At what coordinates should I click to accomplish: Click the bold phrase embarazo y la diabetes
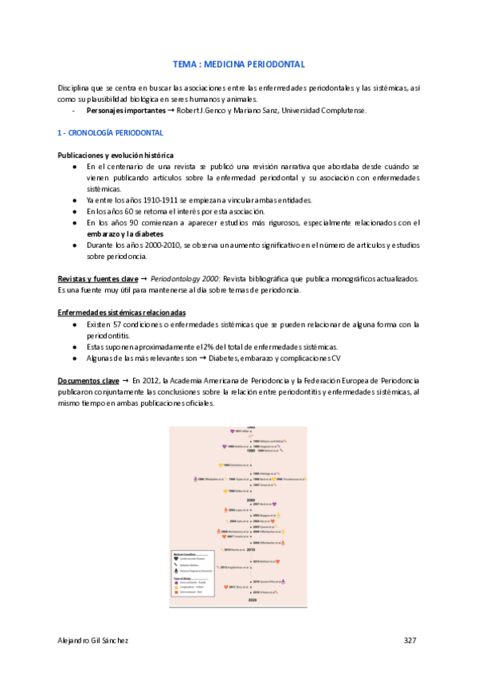click(124, 234)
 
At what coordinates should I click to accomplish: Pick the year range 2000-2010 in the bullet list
click(152, 246)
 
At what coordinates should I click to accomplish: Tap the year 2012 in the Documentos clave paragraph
click(146, 381)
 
